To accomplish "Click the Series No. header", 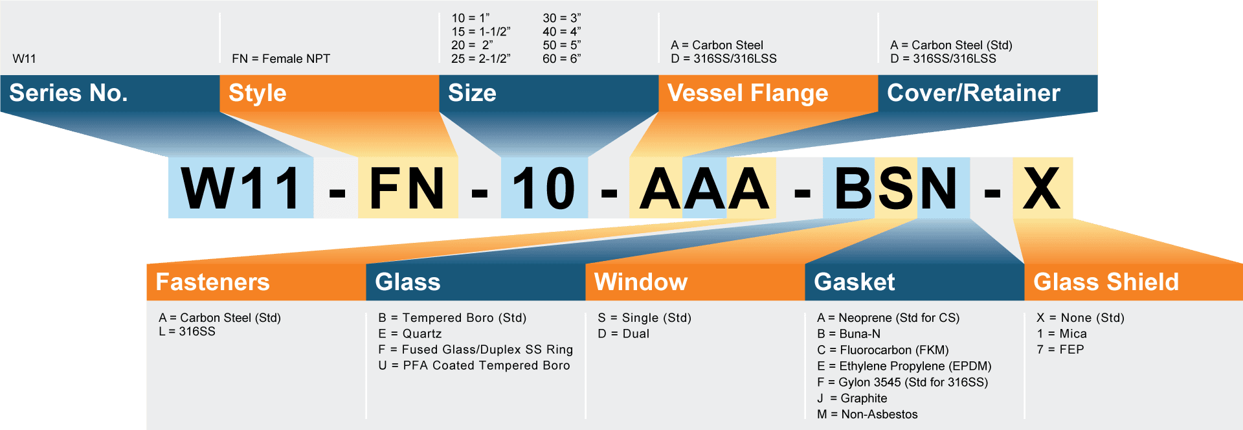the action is [69, 93].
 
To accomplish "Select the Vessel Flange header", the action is [748, 93].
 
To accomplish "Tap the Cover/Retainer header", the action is [974, 93].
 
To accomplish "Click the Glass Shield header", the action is [1106, 282].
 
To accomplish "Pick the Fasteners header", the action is [212, 282].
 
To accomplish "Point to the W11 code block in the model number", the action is [241, 188].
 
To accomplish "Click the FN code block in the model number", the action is [408, 188].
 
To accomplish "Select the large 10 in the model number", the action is [544, 188].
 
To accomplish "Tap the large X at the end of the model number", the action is [1042, 188].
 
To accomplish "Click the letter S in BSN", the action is [896, 188].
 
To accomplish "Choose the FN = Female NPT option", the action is [281, 59].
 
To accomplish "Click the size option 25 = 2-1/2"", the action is [481, 59].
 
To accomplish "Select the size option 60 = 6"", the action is [562, 59].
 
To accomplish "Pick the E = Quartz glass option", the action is [410, 334].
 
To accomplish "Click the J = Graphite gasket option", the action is [852, 398].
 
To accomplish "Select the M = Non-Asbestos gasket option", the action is [868, 414].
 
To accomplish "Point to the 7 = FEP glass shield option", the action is [1060, 350].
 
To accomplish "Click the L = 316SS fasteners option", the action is [187, 332].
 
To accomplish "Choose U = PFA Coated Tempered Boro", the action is [475, 366].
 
